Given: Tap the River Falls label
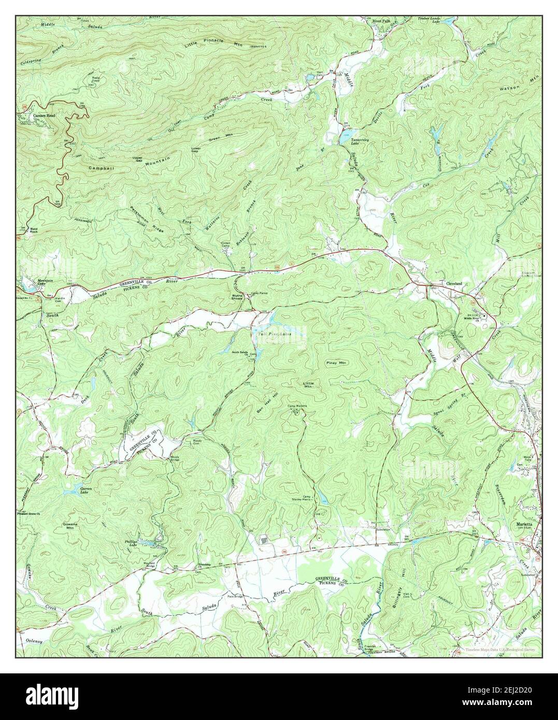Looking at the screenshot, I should [382, 21].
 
